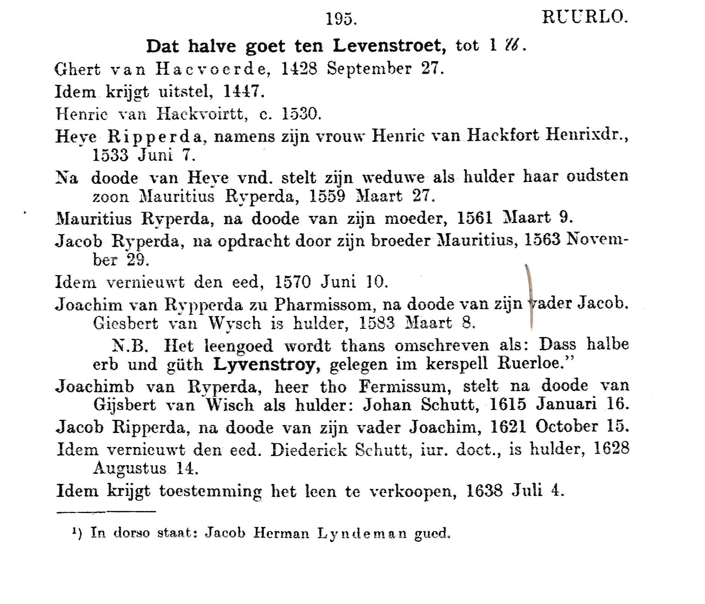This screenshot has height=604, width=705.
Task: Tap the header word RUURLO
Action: click(x=585, y=17)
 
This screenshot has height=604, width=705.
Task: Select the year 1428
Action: click(x=299, y=69)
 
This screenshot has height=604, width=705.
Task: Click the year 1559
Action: click(x=327, y=196)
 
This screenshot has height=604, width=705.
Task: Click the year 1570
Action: click(x=292, y=282)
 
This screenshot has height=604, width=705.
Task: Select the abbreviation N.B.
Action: click(x=130, y=345)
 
